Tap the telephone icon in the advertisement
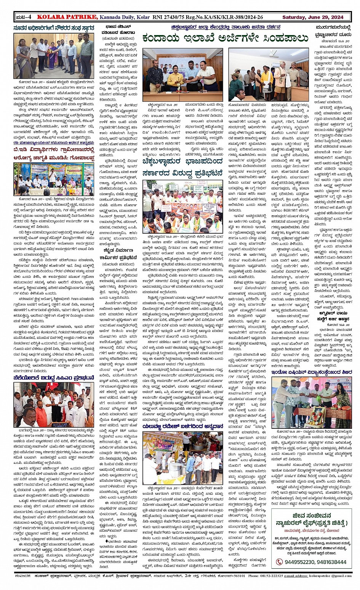pos(279,562)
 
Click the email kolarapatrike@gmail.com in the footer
pos(330,576)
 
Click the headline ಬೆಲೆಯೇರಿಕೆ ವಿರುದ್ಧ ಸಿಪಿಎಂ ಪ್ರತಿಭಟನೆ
pos(54,378)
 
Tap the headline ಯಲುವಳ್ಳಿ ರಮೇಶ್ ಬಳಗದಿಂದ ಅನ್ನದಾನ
pos(182,426)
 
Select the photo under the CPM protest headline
pos(54,405)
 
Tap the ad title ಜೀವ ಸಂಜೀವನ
pos(312,516)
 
